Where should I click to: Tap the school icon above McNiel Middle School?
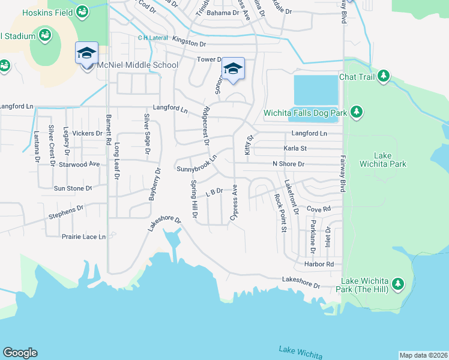coord(86,53)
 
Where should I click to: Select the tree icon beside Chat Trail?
coord(383,77)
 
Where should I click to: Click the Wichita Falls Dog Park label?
coord(305,113)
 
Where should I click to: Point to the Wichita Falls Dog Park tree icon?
coord(357,112)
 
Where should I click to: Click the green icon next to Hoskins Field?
coord(82,10)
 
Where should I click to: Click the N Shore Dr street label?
coord(288,164)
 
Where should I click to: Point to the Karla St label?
coord(295,148)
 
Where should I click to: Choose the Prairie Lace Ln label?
coord(83,236)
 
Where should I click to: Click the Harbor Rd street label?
coord(318,264)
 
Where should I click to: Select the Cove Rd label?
coord(319,209)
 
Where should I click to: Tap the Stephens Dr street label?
coord(66,211)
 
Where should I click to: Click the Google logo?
coord(20,353)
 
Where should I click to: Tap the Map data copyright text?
coord(423,355)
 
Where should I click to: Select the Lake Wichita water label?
coord(300,350)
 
